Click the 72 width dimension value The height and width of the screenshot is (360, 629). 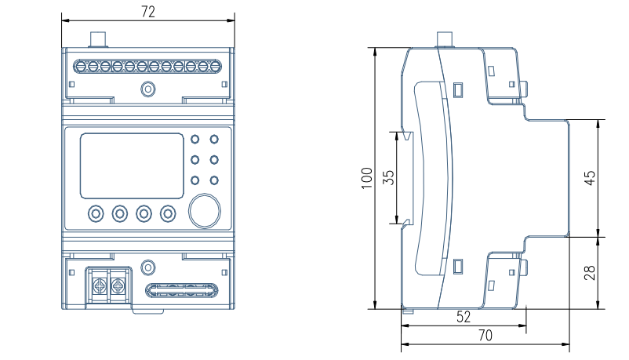pyautogui.click(x=147, y=11)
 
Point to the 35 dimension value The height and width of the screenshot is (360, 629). pyautogui.click(x=387, y=177)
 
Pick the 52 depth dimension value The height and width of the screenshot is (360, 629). pyautogui.click(x=463, y=318)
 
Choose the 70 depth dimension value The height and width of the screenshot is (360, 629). pyautogui.click(x=485, y=336)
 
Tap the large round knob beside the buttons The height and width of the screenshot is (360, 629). pyautogui.click(x=204, y=212)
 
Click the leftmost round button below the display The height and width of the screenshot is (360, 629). pyautogui.click(x=96, y=213)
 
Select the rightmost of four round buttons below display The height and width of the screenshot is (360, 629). pyautogui.click(x=168, y=213)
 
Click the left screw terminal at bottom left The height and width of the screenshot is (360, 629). pyautogui.click(x=100, y=282)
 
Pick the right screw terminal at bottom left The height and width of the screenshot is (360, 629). pyautogui.click(x=118, y=282)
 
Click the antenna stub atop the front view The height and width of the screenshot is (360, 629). pyautogui.click(x=100, y=38)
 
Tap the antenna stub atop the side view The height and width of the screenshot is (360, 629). pyautogui.click(x=445, y=38)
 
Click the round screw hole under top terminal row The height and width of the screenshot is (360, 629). pyautogui.click(x=147, y=89)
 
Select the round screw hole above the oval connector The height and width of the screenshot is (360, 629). pyautogui.click(x=147, y=267)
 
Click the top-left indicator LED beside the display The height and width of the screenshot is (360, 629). pyautogui.click(x=195, y=141)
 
